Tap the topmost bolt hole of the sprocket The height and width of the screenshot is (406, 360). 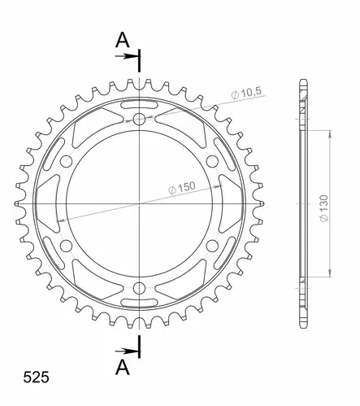click(140, 120)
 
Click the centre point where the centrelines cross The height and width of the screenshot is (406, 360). click(140, 202)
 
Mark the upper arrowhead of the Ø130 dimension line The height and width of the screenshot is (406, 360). click(329, 131)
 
